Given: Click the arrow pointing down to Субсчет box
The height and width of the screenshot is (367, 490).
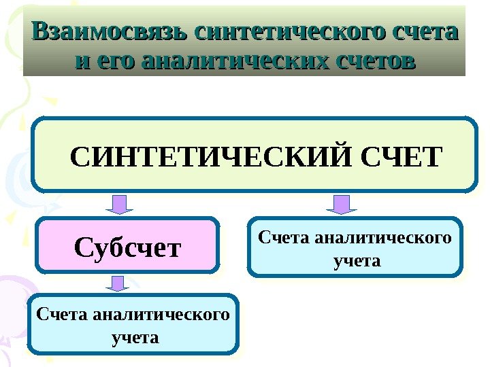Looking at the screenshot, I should [118, 204].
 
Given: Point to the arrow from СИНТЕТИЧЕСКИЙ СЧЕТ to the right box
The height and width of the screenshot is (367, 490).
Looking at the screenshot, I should [342, 204].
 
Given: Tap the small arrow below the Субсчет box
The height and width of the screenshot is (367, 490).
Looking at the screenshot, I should [118, 283].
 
